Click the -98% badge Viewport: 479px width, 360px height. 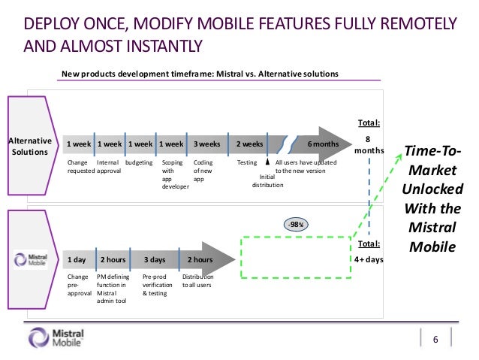tap(296, 224)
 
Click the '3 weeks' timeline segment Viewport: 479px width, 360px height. tap(206, 143)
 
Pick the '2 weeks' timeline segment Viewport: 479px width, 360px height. tap(250, 143)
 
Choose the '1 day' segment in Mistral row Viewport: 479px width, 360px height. tap(77, 259)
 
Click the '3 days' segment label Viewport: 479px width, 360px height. tap(155, 259)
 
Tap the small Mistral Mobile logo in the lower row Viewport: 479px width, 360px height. tap(31, 259)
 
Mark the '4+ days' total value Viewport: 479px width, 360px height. tap(369, 260)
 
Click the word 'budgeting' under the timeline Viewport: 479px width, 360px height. tap(139, 162)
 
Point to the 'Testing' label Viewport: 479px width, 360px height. tap(247, 162)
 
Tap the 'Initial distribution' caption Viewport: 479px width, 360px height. tap(267, 180)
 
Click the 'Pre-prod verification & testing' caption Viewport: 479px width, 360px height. tap(158, 286)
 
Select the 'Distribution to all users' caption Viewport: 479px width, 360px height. tap(197, 281)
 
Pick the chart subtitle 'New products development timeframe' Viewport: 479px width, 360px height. tap(200, 74)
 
